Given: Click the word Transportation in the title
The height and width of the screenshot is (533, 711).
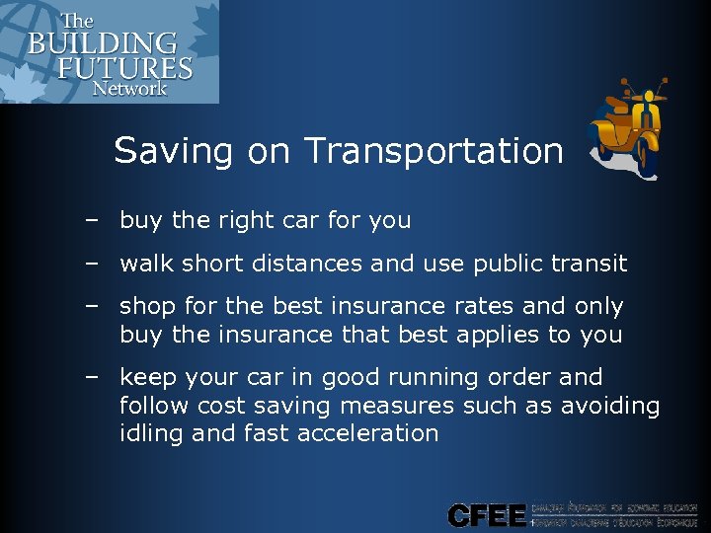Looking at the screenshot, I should (434, 151).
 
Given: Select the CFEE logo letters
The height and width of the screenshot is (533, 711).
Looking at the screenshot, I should (487, 514).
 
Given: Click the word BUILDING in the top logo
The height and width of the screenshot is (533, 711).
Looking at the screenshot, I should (103, 44).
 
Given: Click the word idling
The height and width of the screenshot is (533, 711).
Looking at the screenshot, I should (148, 433).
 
